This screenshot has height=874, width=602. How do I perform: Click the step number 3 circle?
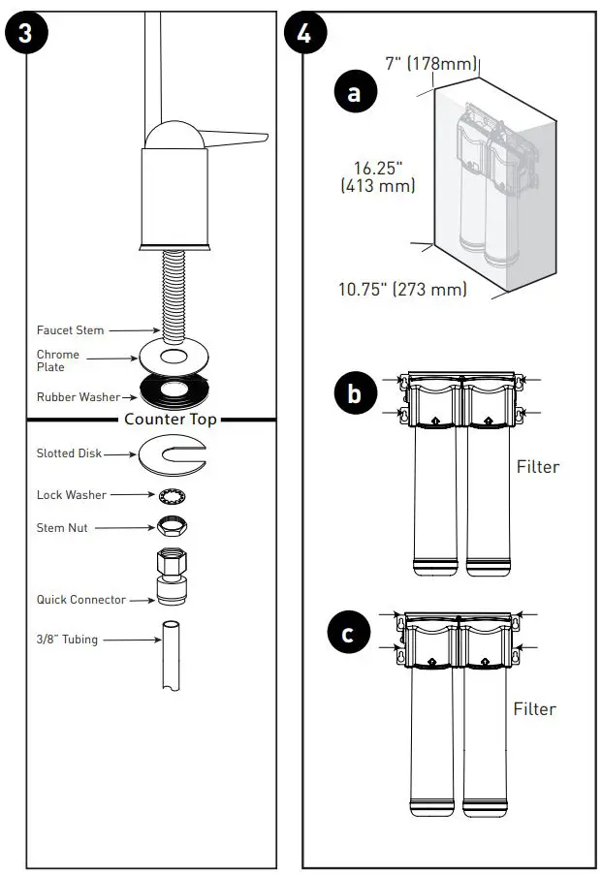[x=26, y=32]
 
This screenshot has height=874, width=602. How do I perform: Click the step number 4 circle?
[x=303, y=32]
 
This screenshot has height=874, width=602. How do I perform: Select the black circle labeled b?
[x=354, y=394]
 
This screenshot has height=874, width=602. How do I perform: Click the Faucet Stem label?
[x=70, y=330]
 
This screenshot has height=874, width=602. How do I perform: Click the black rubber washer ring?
[x=174, y=392]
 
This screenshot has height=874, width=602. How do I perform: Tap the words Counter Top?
[x=170, y=420]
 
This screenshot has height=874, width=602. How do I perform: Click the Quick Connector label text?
[x=80, y=600]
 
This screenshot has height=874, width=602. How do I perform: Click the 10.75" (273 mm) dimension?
[x=402, y=289]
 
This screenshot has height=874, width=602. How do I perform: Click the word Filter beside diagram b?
[x=537, y=467]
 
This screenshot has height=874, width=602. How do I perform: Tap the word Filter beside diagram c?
[x=534, y=709]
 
